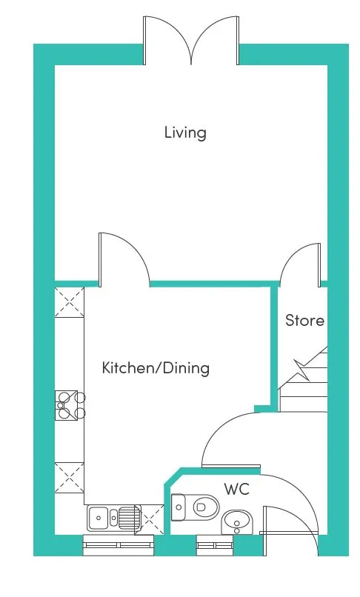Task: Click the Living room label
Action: [185, 133]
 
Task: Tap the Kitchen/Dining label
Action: [156, 368]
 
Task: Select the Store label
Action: [304, 320]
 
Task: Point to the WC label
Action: [236, 489]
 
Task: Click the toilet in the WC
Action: [195, 507]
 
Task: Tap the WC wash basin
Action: [236, 521]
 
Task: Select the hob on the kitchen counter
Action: [70, 405]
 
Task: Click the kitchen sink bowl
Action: [98, 518]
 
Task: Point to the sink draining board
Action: [127, 518]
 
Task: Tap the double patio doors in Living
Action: [191, 40]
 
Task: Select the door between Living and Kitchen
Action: [124, 259]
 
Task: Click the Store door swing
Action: [300, 264]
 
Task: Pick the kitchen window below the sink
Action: [119, 545]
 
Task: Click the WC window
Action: [215, 545]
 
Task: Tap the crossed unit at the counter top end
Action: [70, 302]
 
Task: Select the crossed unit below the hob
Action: [70, 478]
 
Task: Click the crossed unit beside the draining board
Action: [150, 520]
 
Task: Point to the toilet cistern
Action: [178, 507]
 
